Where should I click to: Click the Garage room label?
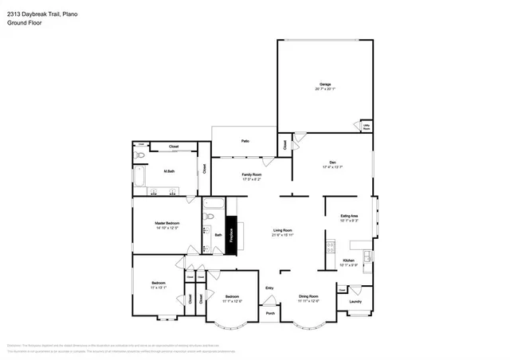[325, 84]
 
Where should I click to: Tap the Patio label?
[245, 141]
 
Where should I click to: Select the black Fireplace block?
[232, 236]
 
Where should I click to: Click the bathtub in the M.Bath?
[139, 176]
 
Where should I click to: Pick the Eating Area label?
[349, 216]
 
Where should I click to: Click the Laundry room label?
[355, 301]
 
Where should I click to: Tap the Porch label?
[270, 313]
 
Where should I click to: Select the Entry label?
[269, 288]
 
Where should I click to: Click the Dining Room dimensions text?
[308, 300]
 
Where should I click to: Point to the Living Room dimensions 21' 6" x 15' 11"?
[282, 235]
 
